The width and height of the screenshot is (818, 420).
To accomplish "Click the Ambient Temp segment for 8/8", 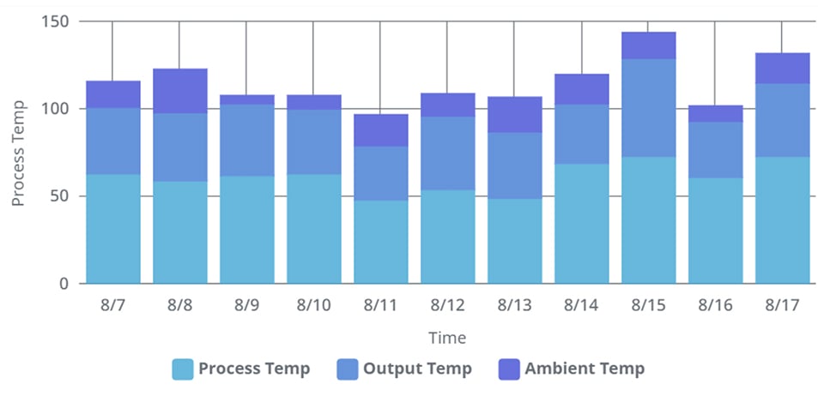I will pos(180,91).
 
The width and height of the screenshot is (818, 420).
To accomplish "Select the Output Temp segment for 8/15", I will pos(649,108).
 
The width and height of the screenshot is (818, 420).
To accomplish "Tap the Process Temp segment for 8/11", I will pos(381,242).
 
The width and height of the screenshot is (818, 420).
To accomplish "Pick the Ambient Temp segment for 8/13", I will pos(515,115).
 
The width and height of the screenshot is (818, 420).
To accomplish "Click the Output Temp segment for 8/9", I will pos(247,141).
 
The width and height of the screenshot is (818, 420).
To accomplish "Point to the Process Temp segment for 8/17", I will pos(783,219).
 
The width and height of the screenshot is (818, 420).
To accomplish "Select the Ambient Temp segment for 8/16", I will pos(716,114).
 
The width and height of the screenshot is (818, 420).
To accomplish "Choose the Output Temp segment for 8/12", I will pos(448,153).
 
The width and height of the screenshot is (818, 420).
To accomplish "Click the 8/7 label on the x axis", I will pos(112,305).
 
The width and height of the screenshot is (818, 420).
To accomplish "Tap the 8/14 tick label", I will pos(581,305).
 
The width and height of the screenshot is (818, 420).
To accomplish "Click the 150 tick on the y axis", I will pos(56,21).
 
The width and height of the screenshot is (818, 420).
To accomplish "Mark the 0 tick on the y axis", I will pos(65,284).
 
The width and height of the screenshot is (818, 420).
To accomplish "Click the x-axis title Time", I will pos(448,338).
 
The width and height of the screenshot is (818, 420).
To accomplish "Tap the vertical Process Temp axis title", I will pos(19,153).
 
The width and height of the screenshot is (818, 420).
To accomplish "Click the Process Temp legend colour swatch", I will pos(183,369).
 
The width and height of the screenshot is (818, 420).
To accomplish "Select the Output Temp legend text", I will pos(417,369).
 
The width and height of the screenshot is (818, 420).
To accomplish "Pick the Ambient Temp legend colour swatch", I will pos(510,369).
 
